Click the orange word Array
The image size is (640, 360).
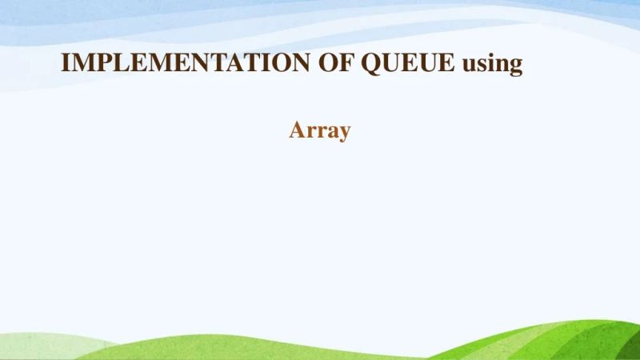tap(320, 130)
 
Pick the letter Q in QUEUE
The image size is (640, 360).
tap(371, 64)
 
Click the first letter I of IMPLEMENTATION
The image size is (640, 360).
tap(66, 63)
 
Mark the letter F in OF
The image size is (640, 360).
tap(346, 63)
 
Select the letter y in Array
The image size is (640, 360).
tap(343, 134)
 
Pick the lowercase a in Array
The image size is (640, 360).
tap(330, 132)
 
